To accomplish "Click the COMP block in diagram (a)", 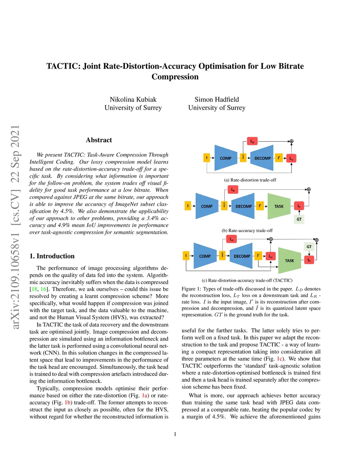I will pos(225,158).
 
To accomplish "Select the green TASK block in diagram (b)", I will pos(279,206).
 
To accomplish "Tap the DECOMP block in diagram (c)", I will pos(242,256).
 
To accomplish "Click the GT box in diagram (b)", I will pos(299,219).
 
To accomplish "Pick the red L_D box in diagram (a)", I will pos(291,159).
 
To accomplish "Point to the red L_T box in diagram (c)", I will pos(309,260).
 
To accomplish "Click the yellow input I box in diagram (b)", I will pos(188,206).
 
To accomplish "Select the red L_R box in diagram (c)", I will pos(231,240).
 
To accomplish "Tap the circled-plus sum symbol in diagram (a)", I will pos(291,141).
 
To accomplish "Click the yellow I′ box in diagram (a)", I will pos(279,158).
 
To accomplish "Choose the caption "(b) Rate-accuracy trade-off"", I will pos(247,231).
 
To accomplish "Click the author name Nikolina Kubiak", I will pos(133,100).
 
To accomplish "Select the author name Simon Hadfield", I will pos(217,100).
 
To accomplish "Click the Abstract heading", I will pos(99,140).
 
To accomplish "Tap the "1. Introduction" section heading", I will pos(52,256).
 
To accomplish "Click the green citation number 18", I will pos(34,289).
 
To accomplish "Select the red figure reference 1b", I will pos(68,402).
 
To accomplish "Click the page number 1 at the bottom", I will pos(175,434).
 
